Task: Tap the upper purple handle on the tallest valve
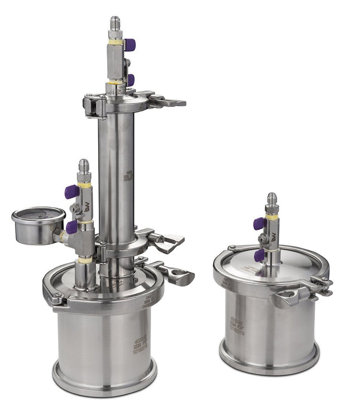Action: (130, 45)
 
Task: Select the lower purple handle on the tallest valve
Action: (130, 80)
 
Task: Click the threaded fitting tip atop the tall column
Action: (115, 23)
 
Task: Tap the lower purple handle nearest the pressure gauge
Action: (71, 227)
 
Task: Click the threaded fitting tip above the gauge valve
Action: (84, 166)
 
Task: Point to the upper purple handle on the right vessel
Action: (259, 223)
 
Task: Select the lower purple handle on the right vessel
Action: (260, 255)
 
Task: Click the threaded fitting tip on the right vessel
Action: (271, 199)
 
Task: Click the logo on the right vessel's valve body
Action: (274, 236)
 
